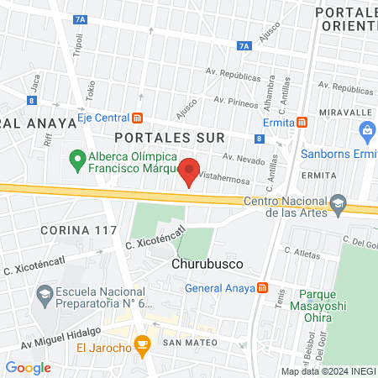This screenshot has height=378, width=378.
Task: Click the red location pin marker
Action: point(190,171)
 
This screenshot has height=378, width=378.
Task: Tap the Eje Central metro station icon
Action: point(139,118)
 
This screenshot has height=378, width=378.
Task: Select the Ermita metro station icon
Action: point(302,122)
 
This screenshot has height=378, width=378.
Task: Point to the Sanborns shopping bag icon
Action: point(366,130)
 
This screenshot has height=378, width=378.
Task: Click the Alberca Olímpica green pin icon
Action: point(76,157)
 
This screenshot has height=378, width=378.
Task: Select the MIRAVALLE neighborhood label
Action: point(345,111)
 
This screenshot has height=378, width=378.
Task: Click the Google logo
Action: point(28,367)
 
